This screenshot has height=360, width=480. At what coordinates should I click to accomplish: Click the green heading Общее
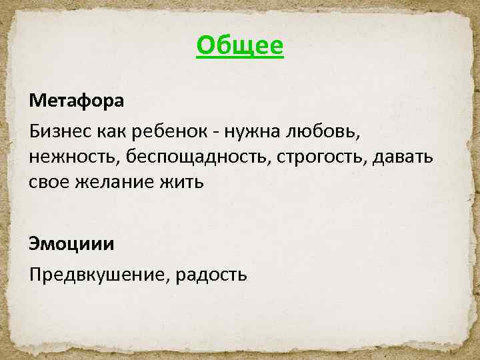click(240, 46)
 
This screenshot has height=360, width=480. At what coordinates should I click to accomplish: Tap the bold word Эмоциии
click(71, 243)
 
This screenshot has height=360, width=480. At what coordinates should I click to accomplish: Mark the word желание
click(110, 182)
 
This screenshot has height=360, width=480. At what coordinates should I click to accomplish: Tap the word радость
click(211, 273)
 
